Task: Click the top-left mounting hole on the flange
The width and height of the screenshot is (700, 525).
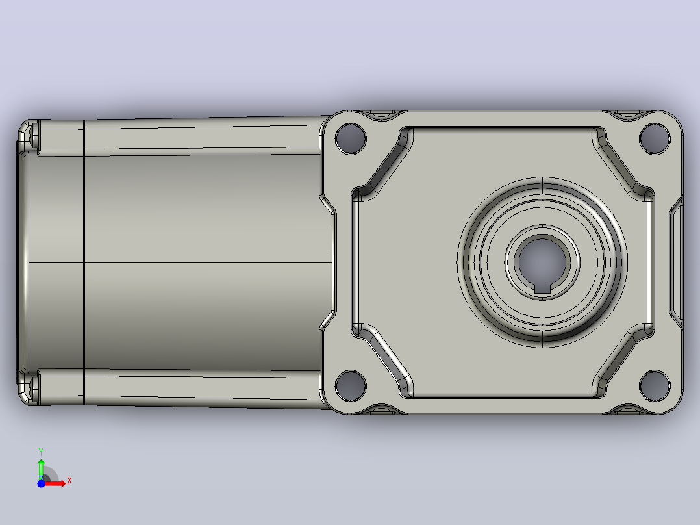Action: click(351, 138)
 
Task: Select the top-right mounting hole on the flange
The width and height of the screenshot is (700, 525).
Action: click(655, 138)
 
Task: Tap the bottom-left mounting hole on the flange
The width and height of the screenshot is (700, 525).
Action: click(351, 385)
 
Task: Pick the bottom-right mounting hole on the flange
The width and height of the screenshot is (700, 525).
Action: click(655, 385)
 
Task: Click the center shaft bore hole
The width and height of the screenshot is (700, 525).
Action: click(542, 261)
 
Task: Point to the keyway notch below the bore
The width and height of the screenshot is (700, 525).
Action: click(542, 288)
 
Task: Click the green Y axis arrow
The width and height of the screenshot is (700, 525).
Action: click(41, 469)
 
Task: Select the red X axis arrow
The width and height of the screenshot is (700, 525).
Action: click(53, 483)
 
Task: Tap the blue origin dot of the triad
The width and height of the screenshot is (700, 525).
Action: click(41, 483)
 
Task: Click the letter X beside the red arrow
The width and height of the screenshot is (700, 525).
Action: click(69, 481)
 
